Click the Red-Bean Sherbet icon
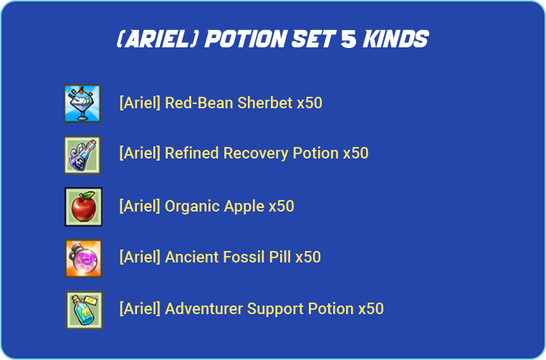click(82, 103)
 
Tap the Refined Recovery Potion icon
click(82, 155)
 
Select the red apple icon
click(83, 207)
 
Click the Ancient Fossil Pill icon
click(83, 258)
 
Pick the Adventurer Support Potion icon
click(84, 310)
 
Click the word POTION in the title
click(246, 39)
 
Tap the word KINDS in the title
click(396, 39)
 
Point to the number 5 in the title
click(348, 39)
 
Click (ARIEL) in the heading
click(158, 39)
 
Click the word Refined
click(192, 153)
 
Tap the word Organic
click(192, 207)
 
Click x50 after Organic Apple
click(282, 207)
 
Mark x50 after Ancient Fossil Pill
click(308, 257)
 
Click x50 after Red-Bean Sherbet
click(310, 103)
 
